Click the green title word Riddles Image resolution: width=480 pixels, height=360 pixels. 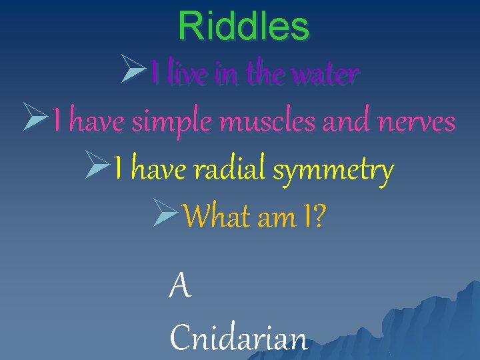coord(243,27)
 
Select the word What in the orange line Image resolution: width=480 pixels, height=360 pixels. coord(213,217)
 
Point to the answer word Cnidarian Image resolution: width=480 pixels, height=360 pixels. coord(239,337)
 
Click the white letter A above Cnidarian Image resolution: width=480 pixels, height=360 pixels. coord(181,287)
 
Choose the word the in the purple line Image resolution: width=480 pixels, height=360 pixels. coord(263,73)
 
